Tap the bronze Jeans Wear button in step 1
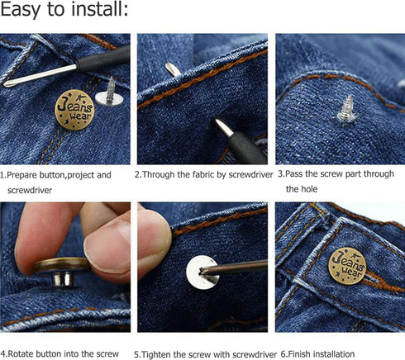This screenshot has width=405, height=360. (x=74, y=109)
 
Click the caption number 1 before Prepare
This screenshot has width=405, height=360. (x=2, y=175)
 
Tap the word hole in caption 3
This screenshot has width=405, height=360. (x=296, y=189)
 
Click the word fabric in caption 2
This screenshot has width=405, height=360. (x=197, y=175)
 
